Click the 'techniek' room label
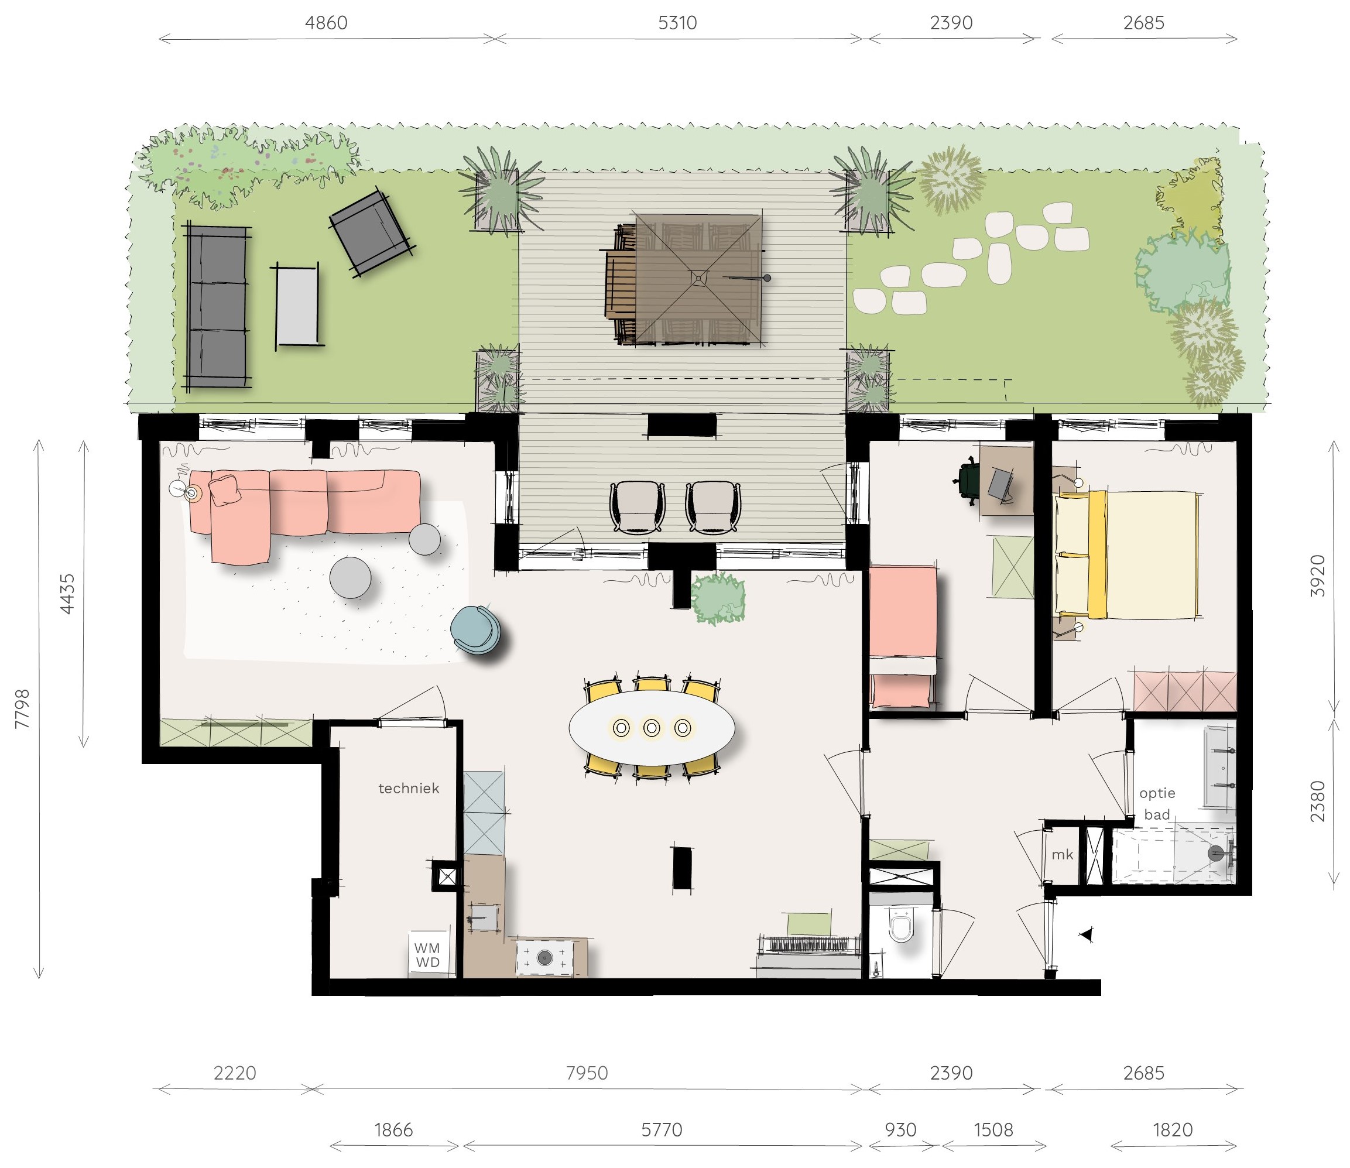tap(409, 788)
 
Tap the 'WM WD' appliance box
tap(427, 955)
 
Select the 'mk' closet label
tap(1062, 855)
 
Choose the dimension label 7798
tap(22, 708)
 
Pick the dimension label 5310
tap(677, 23)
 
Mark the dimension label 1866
tap(394, 1129)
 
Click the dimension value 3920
tap(1317, 576)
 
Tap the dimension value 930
tap(901, 1129)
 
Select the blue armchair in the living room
tap(476, 629)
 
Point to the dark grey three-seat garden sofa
tap(218, 307)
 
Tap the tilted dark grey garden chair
tap(372, 232)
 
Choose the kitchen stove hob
tap(545, 957)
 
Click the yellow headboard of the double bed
tap(1098, 554)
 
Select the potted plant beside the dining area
tap(718, 598)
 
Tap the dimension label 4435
tap(67, 593)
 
